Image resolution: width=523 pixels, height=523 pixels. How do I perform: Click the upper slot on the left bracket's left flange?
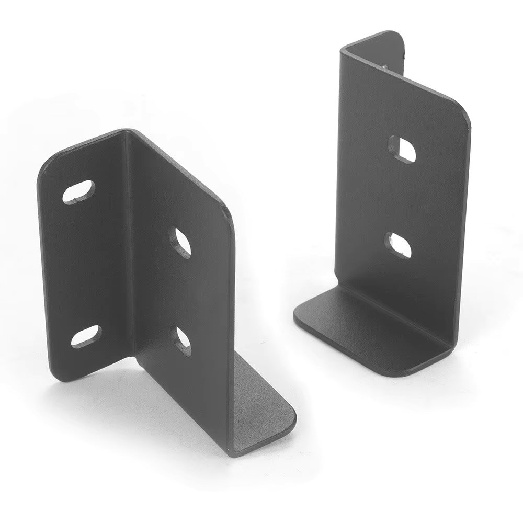tap(78, 191)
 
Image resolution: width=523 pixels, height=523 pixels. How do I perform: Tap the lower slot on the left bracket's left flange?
tap(85, 336)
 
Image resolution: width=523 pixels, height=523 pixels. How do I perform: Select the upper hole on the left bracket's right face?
tap(181, 242)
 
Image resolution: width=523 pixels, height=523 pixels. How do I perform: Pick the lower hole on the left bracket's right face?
tap(182, 340)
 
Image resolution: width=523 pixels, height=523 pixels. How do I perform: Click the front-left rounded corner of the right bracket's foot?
tap(301, 316)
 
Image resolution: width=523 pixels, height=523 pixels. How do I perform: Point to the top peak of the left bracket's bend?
tap(126, 131)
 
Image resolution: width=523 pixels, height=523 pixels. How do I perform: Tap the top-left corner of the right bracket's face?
tap(343, 50)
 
